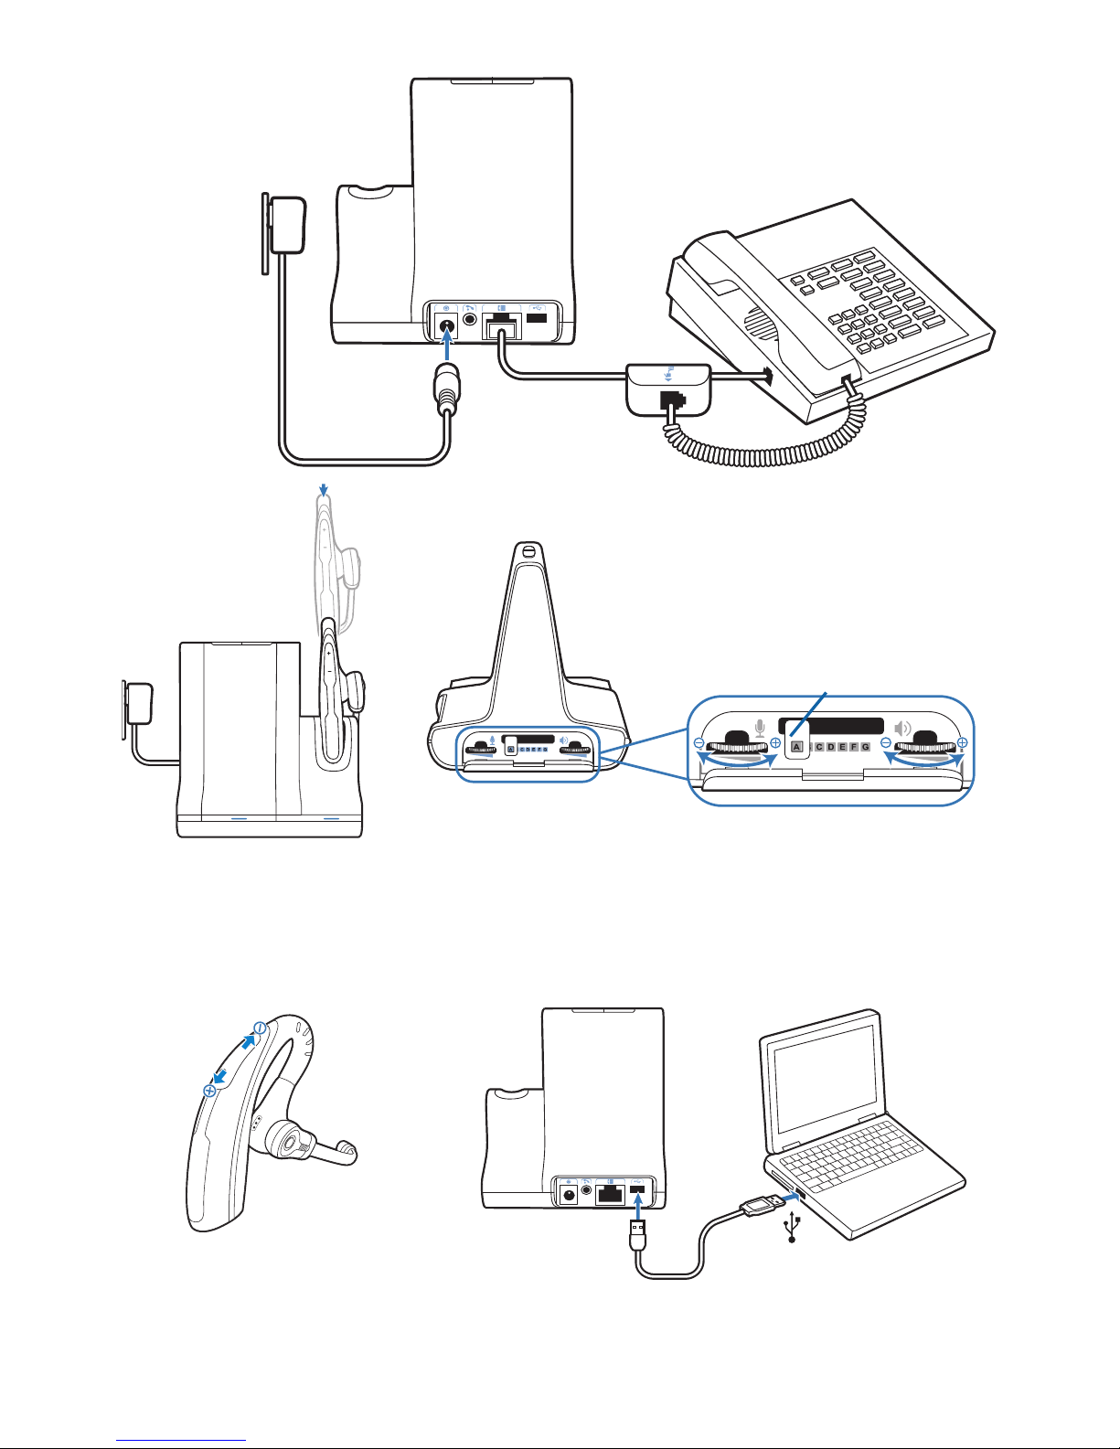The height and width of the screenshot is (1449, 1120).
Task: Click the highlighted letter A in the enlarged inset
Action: pos(796,747)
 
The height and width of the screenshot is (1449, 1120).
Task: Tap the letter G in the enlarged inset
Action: pos(865,747)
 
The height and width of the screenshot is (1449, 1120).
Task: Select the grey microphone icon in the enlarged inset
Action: pos(760,729)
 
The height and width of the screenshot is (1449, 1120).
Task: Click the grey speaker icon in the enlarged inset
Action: pos(903,729)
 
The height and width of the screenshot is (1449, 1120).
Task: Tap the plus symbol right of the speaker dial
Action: pos(963,743)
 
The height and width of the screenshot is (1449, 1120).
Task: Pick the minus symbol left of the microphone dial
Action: pos(699,743)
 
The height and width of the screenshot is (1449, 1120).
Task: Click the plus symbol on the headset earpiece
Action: pos(209,1091)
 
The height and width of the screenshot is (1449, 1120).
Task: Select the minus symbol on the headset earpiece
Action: pos(259,1028)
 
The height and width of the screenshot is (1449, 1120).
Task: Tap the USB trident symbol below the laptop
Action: pos(792,1228)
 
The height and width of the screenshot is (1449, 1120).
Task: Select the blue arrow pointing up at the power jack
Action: pos(447,348)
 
